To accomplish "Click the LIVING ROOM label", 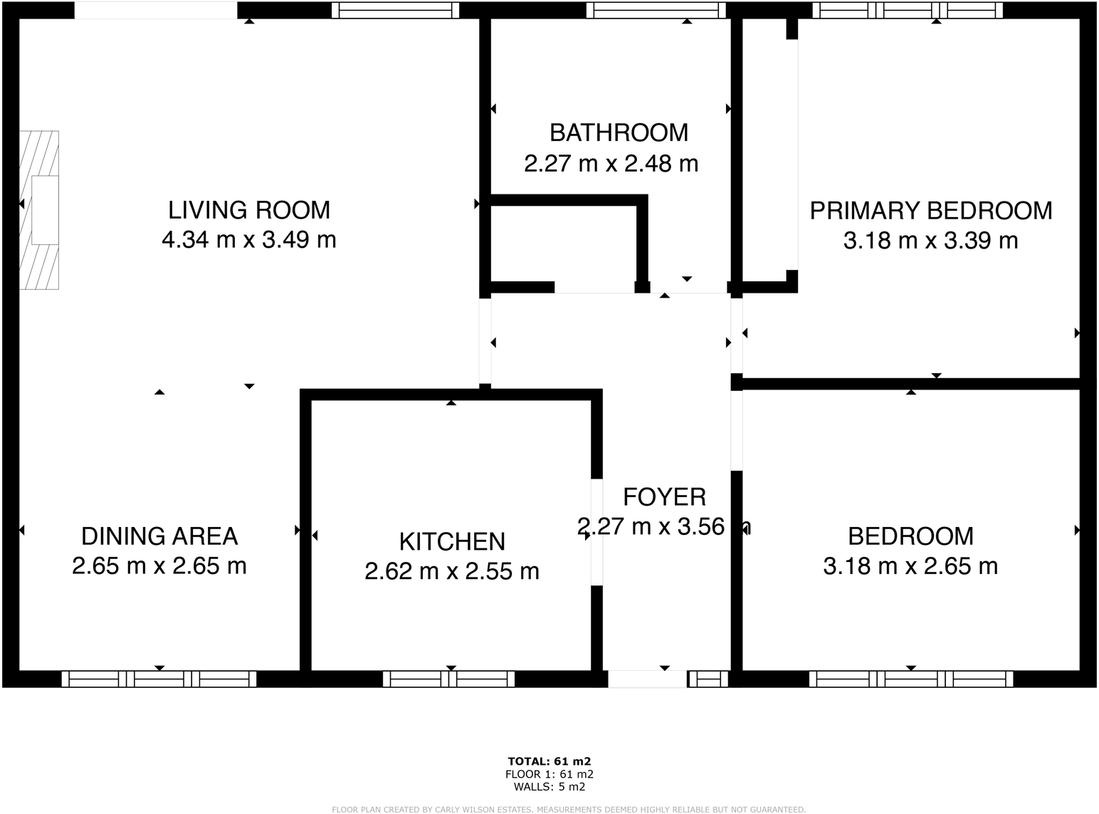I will [249, 210].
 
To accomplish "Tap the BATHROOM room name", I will [619, 132].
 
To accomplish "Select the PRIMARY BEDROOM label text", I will [931, 211].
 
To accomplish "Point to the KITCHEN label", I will [452, 541].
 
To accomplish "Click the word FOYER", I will [664, 496].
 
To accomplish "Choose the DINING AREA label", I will [159, 536].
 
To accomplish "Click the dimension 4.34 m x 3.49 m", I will [249, 240].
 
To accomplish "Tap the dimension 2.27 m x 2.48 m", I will [611, 164].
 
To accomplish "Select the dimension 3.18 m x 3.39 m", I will [930, 241].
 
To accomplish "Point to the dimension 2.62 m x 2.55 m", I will [452, 571].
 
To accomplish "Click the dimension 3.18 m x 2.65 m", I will [910, 566].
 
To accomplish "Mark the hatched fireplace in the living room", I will [40, 210].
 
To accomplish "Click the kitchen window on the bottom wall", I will [449, 679].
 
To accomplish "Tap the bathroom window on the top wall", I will [656, 10].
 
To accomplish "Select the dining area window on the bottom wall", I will [159, 679].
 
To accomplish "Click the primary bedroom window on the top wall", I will [908, 10].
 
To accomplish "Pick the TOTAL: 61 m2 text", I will [549, 761].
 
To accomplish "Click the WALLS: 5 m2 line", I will [549, 787].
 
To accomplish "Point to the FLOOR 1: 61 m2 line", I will [549, 774].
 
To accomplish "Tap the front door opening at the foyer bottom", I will [647, 679].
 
